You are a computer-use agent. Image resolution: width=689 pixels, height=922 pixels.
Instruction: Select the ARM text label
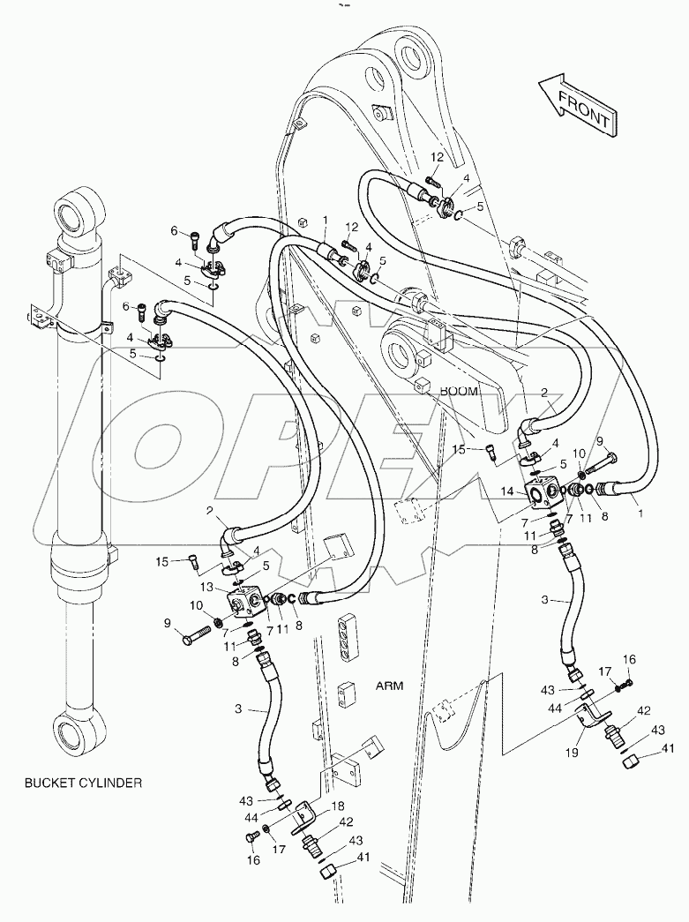(390, 685)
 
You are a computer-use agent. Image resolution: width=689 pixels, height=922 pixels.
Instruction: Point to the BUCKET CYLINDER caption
(84, 782)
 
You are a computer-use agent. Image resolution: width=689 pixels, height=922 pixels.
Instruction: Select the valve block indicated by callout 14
(539, 492)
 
